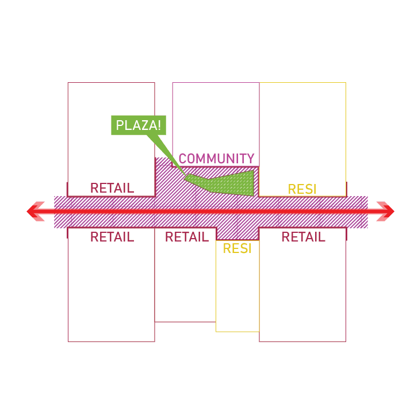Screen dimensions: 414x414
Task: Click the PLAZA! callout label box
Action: pyautogui.click(x=139, y=125)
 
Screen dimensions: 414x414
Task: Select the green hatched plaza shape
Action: pyautogui.click(x=230, y=183)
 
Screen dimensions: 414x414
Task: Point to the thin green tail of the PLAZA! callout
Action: pyautogui.click(x=167, y=152)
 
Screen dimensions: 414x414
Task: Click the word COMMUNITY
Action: pyautogui.click(x=216, y=159)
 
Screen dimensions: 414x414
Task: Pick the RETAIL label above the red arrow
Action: pyautogui.click(x=112, y=188)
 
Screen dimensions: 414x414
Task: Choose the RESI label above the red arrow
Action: pyautogui.click(x=302, y=189)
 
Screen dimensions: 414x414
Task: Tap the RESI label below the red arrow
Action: pyautogui.click(x=237, y=249)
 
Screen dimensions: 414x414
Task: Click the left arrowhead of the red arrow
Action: pyautogui.click(x=36, y=211)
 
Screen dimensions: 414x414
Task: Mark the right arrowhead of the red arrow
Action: pyautogui.click(x=385, y=211)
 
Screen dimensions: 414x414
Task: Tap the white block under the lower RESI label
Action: pyautogui.click(x=237, y=293)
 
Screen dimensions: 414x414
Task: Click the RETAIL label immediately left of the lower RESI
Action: pyautogui.click(x=186, y=237)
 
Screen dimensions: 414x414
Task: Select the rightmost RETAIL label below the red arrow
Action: pyautogui.click(x=303, y=237)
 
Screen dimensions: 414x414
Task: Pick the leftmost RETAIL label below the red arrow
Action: pyautogui.click(x=112, y=237)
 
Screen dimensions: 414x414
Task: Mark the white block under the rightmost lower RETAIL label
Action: pyautogui.click(x=302, y=293)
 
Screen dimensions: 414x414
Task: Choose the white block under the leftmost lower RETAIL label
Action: pyautogui.click(x=111, y=293)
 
